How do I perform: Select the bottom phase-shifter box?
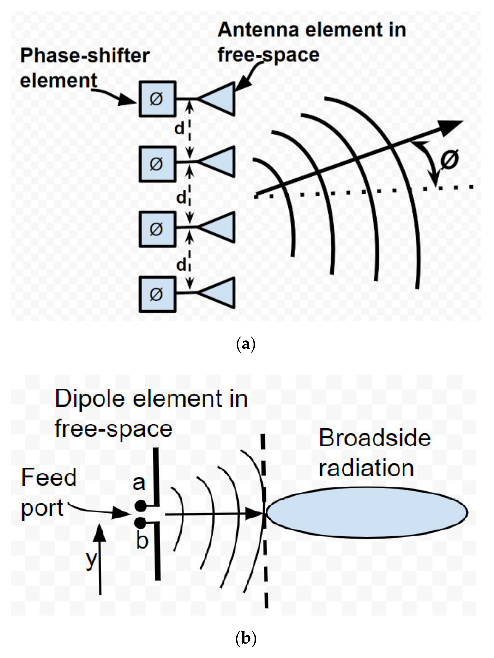click(157, 294)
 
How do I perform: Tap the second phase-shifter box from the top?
click(157, 164)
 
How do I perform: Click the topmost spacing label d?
click(179, 129)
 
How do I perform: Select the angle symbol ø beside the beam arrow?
click(449, 159)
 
